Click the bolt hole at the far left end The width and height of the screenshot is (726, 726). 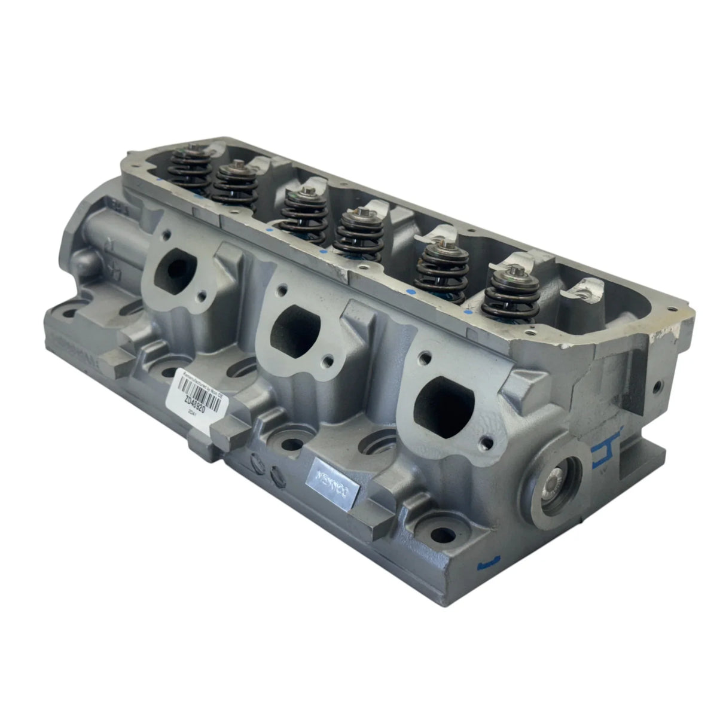71,311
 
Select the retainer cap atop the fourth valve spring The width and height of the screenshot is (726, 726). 359,213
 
